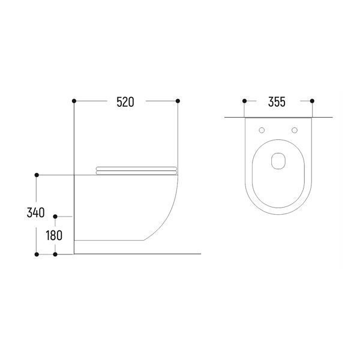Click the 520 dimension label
pos(125,102)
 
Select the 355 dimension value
pos(277,102)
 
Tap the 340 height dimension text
pos(35,212)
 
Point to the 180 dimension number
pos(54,235)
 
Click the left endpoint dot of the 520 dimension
pos(74,101)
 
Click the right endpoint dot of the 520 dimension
pos(178,101)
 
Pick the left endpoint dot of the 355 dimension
pos(245,101)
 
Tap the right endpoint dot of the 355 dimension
pos(312,101)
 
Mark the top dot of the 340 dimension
pos(37,175)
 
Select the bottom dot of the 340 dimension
pos(37,254)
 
